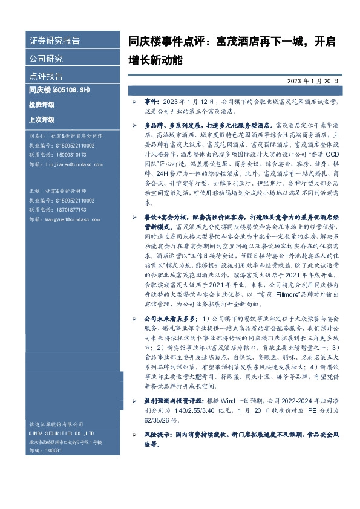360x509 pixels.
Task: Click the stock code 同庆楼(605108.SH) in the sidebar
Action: coord(59,90)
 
